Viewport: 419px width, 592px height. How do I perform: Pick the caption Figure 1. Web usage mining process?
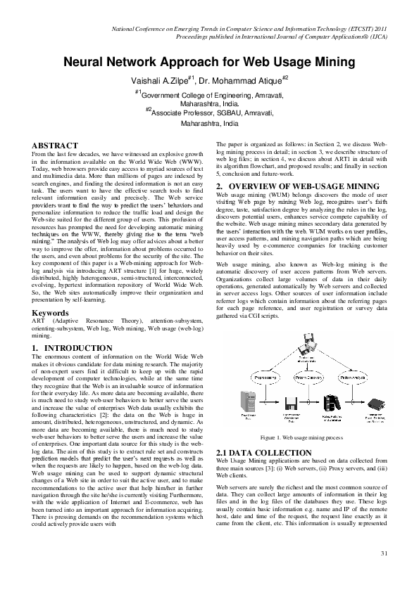[x=300, y=437]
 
